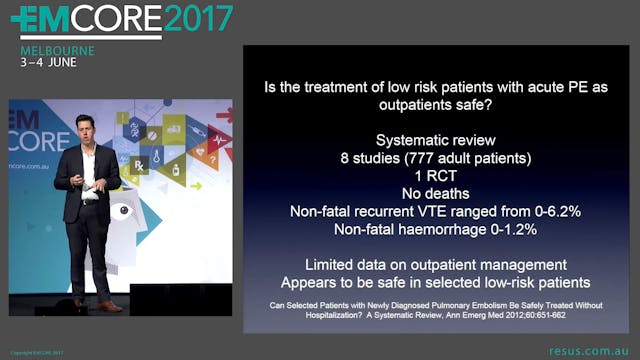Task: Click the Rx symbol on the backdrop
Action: tap(139, 162)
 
